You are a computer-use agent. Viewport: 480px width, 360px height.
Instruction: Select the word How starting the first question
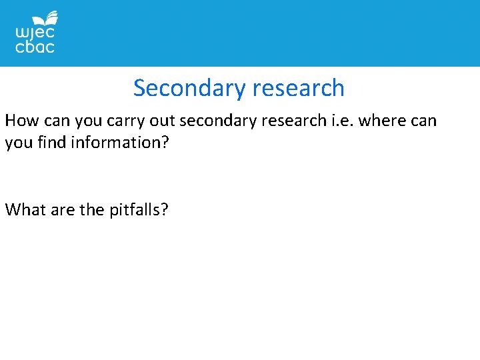[x=21, y=121]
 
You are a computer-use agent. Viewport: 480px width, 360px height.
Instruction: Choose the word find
[x=50, y=143]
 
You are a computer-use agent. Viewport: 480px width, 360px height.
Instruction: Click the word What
[x=25, y=210]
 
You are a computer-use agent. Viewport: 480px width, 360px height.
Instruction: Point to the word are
[x=62, y=210]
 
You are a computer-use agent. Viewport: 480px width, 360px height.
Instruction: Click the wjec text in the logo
[x=35, y=32]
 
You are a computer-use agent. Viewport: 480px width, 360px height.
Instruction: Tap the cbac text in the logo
[x=35, y=47]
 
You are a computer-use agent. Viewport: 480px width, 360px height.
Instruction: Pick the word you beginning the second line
[x=18, y=143]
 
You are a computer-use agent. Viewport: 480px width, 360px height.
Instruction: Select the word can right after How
[x=55, y=121]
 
